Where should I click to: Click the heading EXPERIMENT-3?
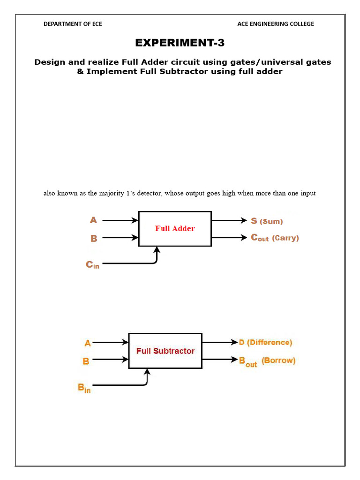(180, 43)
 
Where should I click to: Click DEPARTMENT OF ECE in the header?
(73, 24)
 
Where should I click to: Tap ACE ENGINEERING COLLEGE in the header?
(276, 24)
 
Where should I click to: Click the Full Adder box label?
(175, 229)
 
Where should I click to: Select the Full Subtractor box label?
(165, 351)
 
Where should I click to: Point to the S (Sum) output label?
(267, 221)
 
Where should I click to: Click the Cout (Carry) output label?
(275, 238)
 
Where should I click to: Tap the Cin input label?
(92, 265)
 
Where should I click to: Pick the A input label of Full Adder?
(93, 220)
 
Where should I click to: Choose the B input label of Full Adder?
(94, 238)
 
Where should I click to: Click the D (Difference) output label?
(265, 342)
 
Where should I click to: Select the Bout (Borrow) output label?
(267, 361)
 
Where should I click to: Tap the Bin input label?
(84, 388)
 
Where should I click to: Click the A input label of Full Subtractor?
(88, 343)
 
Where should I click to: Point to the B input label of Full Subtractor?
(86, 361)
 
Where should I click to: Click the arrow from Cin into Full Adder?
(157, 255)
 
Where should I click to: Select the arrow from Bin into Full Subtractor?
(147, 377)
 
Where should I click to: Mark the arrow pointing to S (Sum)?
(229, 220)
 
